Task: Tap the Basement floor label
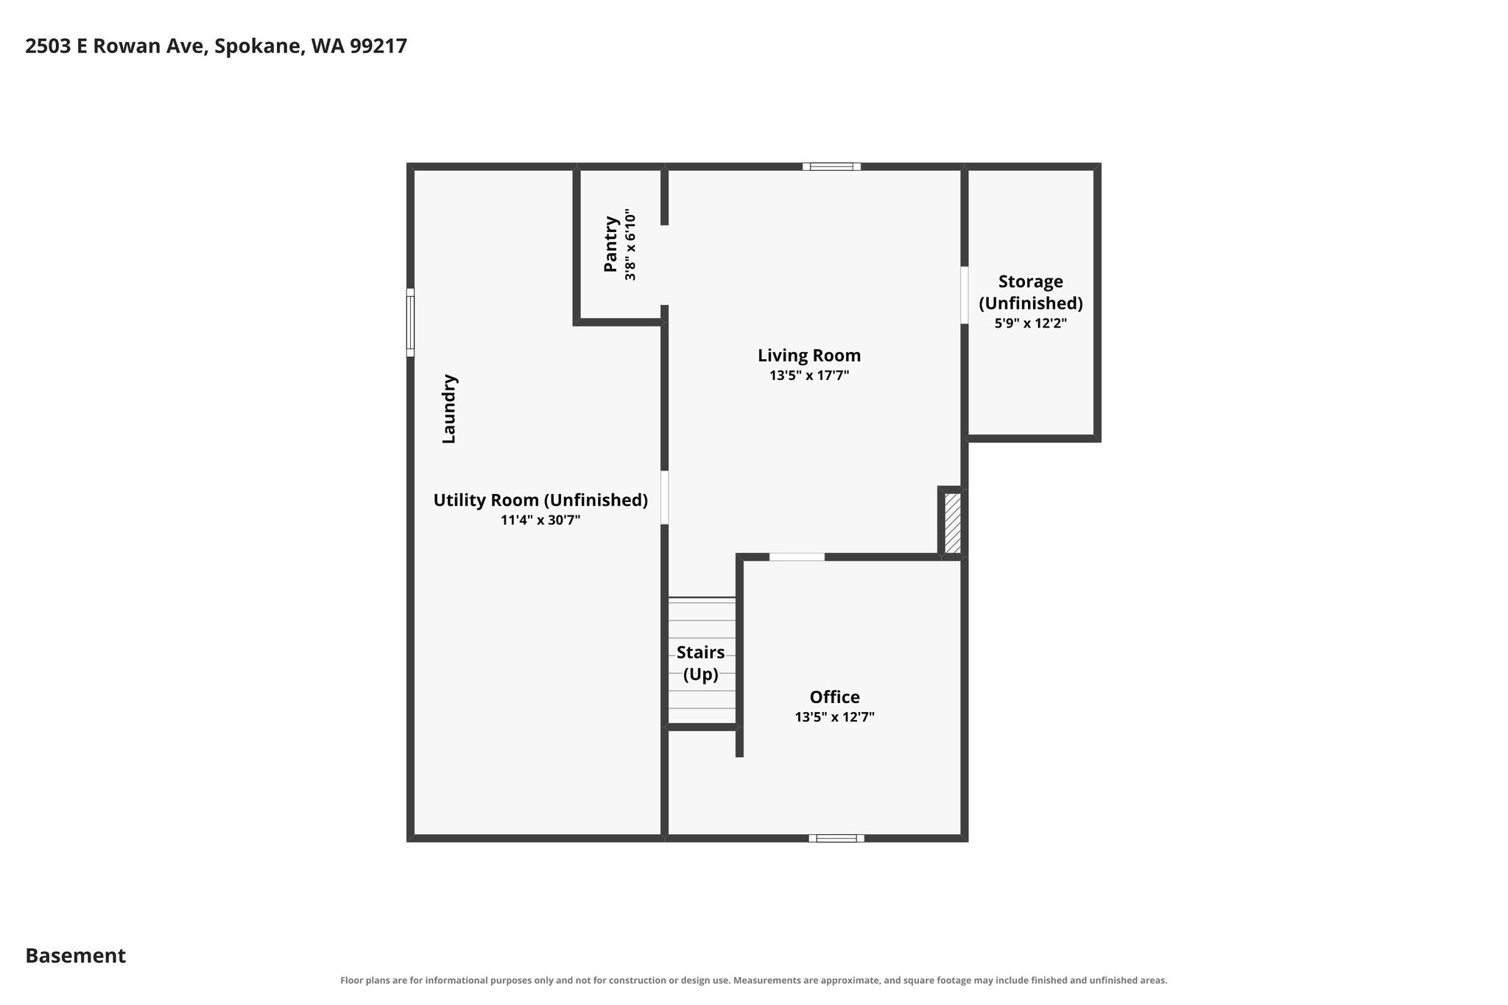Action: click(76, 956)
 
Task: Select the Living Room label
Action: click(809, 356)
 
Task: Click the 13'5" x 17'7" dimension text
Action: click(809, 375)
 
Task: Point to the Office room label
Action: click(834, 697)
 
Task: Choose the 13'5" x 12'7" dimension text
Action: click(834, 716)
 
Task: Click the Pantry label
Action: click(610, 243)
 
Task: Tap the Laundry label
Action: click(448, 409)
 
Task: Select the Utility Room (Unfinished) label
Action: click(540, 501)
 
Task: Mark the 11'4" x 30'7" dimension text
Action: click(540, 521)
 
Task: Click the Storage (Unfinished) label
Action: click(1030, 292)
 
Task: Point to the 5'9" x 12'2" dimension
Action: click(1030, 323)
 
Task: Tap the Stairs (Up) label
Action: click(700, 663)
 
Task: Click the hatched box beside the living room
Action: click(952, 523)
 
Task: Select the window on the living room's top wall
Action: click(831, 166)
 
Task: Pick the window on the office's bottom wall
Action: click(836, 838)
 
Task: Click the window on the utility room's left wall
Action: click(410, 322)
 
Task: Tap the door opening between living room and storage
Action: click(964, 295)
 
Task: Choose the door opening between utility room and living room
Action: click(664, 497)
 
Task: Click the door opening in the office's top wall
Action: click(797, 557)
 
